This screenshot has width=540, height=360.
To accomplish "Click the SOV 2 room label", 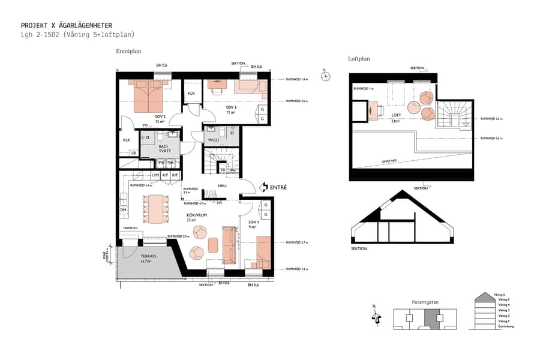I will tap(160, 116).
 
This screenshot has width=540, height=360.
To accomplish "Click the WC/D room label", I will tap(214, 141).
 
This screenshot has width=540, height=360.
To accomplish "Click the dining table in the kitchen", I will tap(156, 206).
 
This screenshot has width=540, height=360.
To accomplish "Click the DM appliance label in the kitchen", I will tap(123, 210).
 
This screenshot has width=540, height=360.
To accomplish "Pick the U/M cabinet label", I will tap(155, 175).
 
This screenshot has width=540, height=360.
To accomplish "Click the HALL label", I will tap(222, 186).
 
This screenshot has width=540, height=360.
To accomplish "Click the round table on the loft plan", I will tap(414, 107).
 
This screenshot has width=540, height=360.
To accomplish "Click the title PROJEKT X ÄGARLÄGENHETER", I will tap(66, 26).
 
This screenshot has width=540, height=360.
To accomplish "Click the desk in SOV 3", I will tap(216, 85).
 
